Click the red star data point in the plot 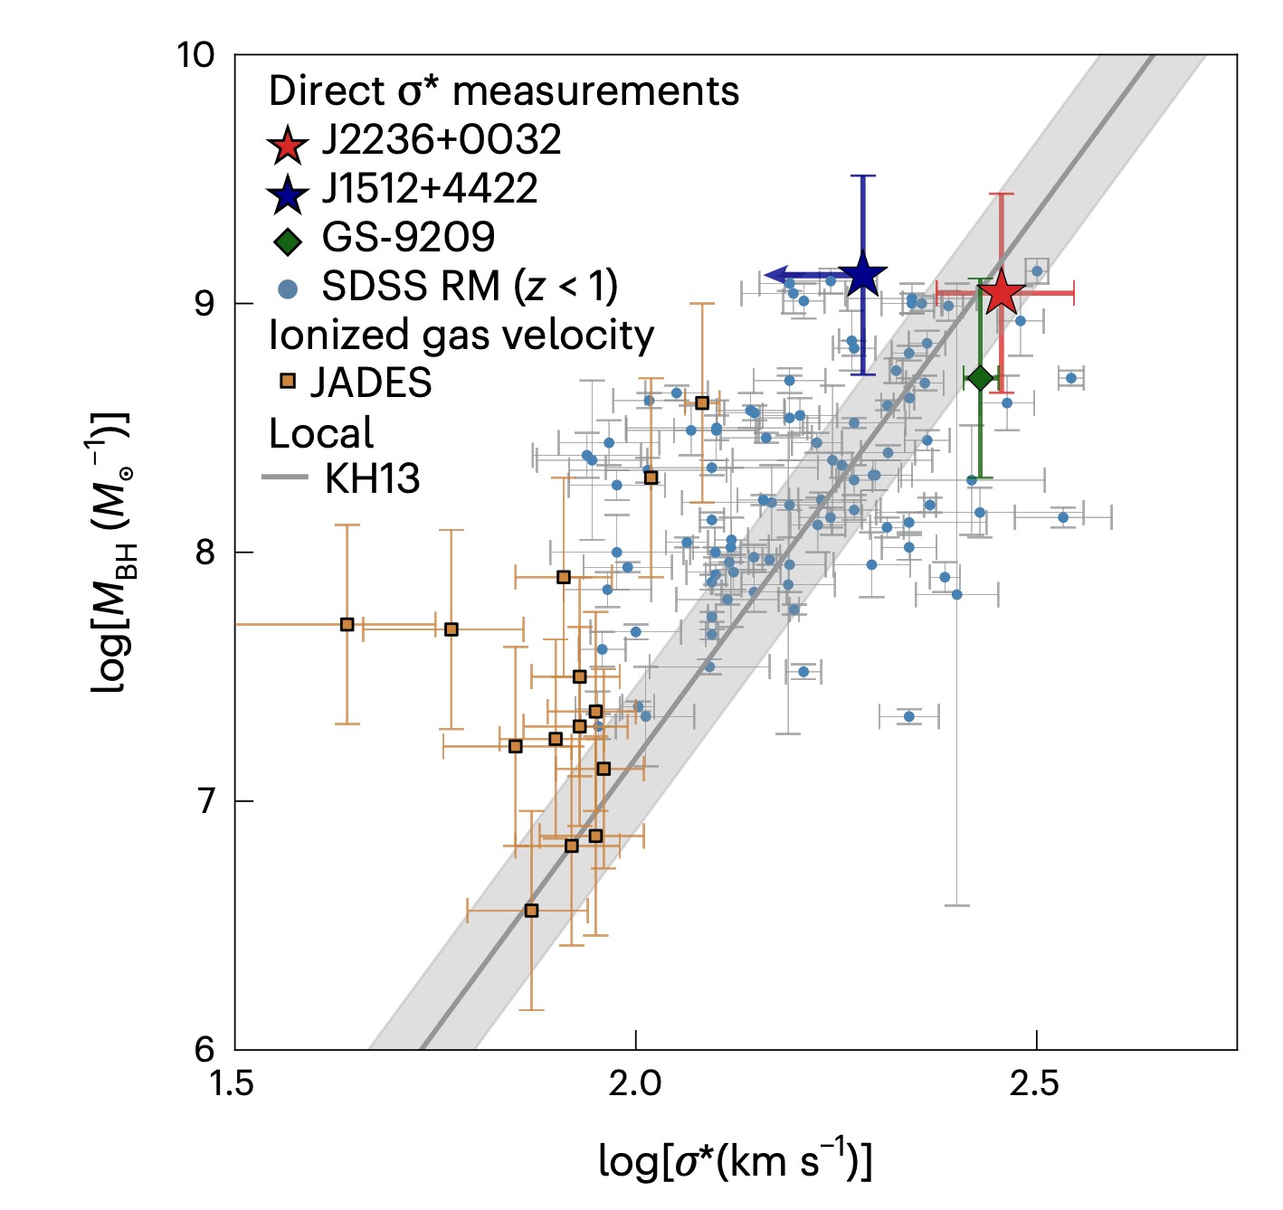tap(1001, 293)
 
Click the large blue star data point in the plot tap(862, 275)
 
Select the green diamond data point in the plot tap(980, 378)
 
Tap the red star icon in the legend tap(288, 145)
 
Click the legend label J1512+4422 tap(430, 189)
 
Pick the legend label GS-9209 tap(408, 238)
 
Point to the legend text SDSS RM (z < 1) tap(470, 287)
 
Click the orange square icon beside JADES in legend tap(288, 382)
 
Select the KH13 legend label tap(372, 478)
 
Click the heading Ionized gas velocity tap(461, 336)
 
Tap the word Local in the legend tap(321, 433)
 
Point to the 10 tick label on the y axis tap(195, 55)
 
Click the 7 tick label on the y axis tap(205, 801)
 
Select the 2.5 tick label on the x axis tap(1035, 1082)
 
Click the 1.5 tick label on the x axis tap(234, 1082)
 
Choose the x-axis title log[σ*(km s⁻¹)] tap(735, 1161)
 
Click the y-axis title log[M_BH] tap(110, 552)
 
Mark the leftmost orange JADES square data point tap(347, 624)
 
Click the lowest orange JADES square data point tap(531, 911)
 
